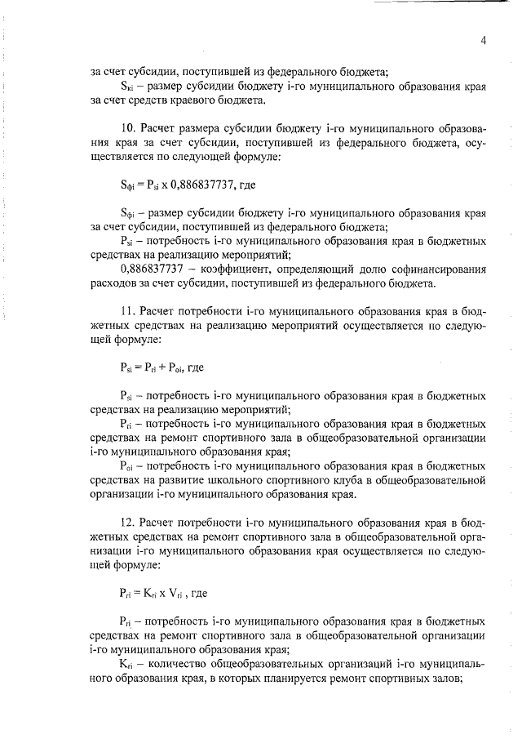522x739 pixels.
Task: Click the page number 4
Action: [483, 39]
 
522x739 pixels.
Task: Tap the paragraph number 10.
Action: [126, 129]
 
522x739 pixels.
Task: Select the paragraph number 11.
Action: [126, 311]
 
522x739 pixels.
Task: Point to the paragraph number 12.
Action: [126, 520]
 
